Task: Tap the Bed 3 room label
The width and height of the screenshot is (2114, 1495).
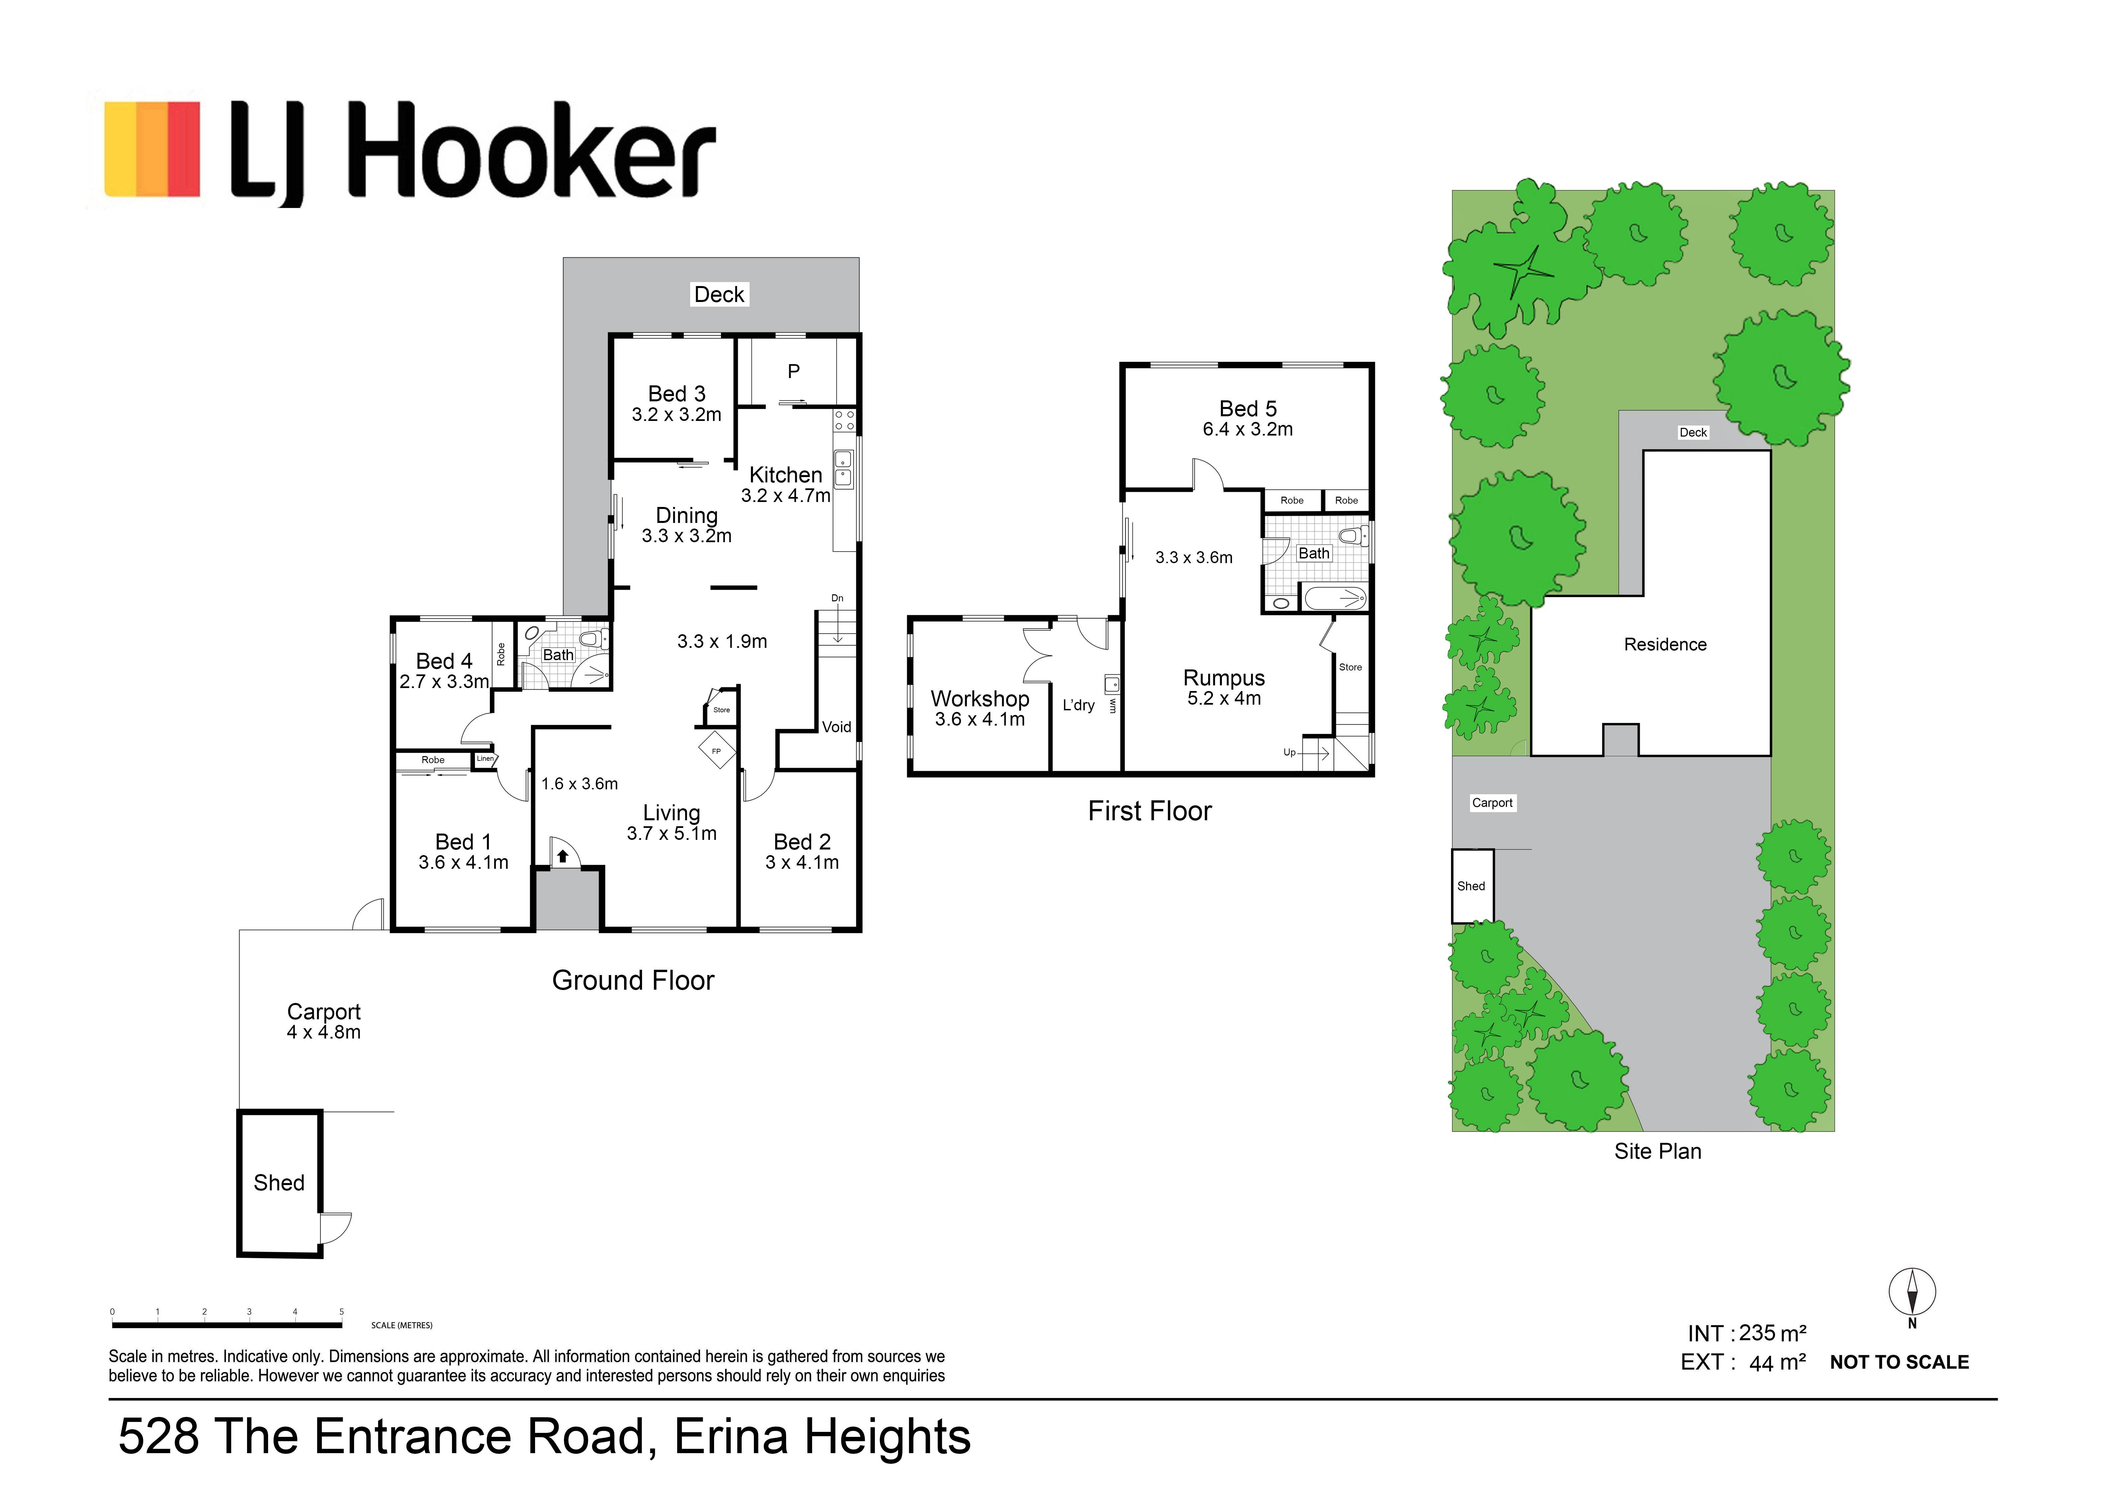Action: coord(677,394)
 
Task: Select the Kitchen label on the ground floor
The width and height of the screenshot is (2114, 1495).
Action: coord(785,475)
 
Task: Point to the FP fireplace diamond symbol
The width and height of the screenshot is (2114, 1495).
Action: coord(716,751)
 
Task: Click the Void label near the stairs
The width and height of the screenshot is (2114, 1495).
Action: coord(836,727)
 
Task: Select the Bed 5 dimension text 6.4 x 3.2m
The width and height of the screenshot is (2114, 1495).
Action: coord(1247,429)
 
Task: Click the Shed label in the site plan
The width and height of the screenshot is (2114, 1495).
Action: coord(1470,886)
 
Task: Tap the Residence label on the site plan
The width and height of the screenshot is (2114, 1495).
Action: coord(1665,645)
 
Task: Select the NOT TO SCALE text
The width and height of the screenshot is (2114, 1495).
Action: coord(1898,1362)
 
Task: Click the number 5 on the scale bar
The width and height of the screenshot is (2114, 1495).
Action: coord(341,1312)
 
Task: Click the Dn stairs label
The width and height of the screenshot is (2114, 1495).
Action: coord(837,598)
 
